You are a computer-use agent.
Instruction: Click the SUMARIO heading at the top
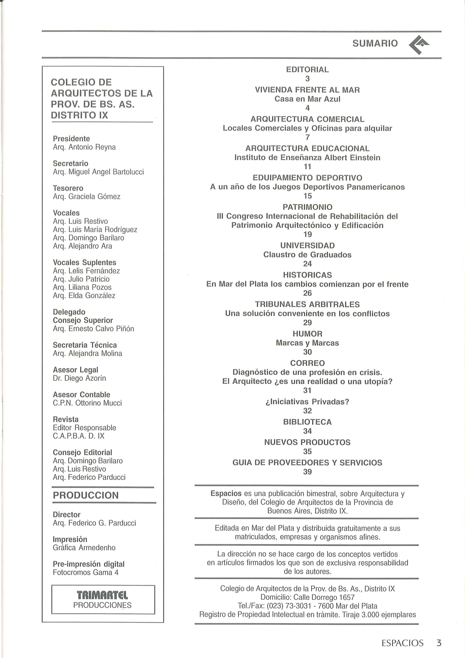point(375,43)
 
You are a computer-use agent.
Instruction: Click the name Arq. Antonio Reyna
point(84,147)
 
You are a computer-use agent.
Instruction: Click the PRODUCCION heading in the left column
point(86,495)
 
